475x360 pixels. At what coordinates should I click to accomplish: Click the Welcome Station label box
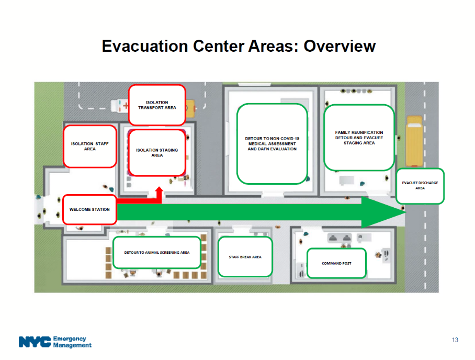[89, 210]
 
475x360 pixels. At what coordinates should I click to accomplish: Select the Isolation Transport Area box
[157, 105]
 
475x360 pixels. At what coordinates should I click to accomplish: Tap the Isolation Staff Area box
[90, 147]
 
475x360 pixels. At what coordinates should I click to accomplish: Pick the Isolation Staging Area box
[157, 153]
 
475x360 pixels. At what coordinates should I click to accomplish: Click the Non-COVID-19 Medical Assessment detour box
[272, 144]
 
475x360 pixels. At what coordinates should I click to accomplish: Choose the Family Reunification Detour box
[359, 138]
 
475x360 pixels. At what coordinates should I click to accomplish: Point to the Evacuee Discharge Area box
[420, 186]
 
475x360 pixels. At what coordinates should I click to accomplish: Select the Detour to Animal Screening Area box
[157, 252]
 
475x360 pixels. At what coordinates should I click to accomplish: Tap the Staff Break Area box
[245, 257]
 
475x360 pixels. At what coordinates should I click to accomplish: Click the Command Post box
[336, 263]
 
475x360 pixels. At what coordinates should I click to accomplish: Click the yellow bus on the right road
[414, 141]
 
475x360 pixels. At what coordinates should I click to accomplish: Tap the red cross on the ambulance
[126, 106]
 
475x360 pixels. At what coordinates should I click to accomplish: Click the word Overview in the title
[340, 47]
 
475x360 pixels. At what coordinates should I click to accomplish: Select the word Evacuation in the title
[145, 47]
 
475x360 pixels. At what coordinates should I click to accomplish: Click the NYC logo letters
[35, 342]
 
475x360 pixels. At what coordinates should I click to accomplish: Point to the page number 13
[455, 340]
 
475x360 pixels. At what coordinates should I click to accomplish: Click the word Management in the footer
[72, 345]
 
